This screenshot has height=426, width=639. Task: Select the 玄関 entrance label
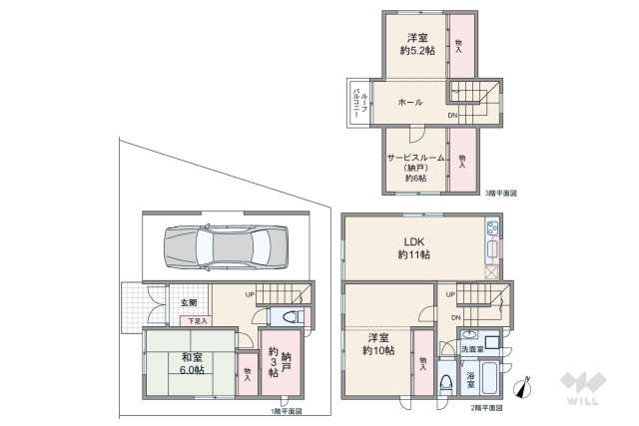tap(190, 302)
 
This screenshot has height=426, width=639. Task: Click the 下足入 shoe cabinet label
tap(198, 320)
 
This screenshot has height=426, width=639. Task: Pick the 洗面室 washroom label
tap(472, 349)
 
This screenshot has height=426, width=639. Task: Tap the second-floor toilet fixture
tap(445, 380)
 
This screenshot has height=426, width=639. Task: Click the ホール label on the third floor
tap(409, 102)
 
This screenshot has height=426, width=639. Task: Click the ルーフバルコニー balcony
tap(357, 103)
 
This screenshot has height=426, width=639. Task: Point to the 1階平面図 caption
tap(286, 410)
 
